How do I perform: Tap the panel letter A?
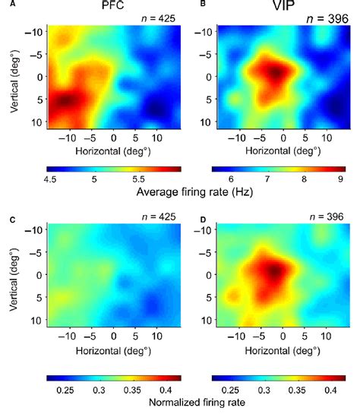coord(6,6)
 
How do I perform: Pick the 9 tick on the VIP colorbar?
coord(342,179)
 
